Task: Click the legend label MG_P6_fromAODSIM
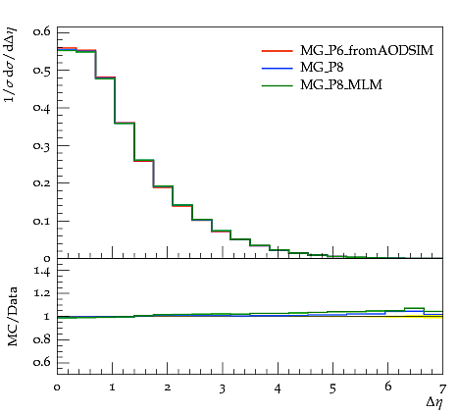[367, 50]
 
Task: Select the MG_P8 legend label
[322, 68]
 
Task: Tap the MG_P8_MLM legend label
[341, 84]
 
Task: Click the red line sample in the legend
[278, 51]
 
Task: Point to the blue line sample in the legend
[278, 68]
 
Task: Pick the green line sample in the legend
[278, 85]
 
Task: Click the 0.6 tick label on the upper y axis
[41, 31]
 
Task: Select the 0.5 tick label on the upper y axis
[41, 71]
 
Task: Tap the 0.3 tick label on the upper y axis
[41, 146]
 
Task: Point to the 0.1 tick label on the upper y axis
[41, 221]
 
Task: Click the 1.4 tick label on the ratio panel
[42, 271]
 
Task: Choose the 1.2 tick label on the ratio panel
[42, 293]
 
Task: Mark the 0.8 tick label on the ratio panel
[42, 339]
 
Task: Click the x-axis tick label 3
[223, 388]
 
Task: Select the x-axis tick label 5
[332, 388]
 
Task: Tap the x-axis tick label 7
[442, 388]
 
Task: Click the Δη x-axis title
[434, 402]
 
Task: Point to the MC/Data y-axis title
[12, 317]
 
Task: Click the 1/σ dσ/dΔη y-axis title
[10, 65]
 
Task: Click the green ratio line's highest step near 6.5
[414, 308]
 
